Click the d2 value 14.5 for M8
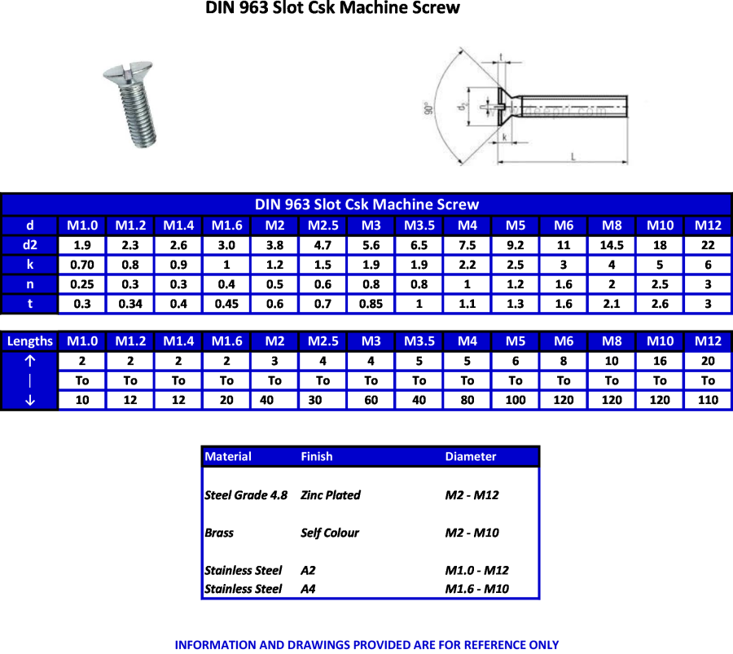(x=612, y=245)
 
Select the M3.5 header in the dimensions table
(x=419, y=226)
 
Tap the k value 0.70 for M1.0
(x=82, y=265)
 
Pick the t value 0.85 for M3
(x=371, y=304)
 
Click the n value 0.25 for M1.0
(x=82, y=284)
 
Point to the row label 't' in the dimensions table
(x=30, y=304)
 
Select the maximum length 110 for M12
(x=708, y=400)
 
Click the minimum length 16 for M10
(x=660, y=361)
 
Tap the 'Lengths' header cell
(x=30, y=341)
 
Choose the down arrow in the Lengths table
(x=30, y=400)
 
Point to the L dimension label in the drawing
(x=573, y=156)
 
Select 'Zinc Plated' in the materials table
(x=330, y=495)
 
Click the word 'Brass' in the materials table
(x=219, y=533)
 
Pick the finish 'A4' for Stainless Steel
(x=308, y=589)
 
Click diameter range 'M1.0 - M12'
(x=476, y=570)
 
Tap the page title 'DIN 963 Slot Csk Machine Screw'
(x=333, y=9)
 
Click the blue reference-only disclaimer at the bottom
(x=366, y=644)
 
